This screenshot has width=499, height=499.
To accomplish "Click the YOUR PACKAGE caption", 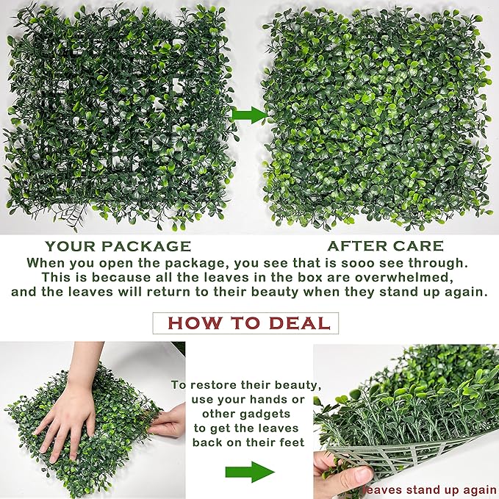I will [118, 246].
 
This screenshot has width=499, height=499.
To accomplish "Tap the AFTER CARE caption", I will [385, 246].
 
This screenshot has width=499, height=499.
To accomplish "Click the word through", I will [437, 262].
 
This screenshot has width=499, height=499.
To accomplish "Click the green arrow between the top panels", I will [250, 115].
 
